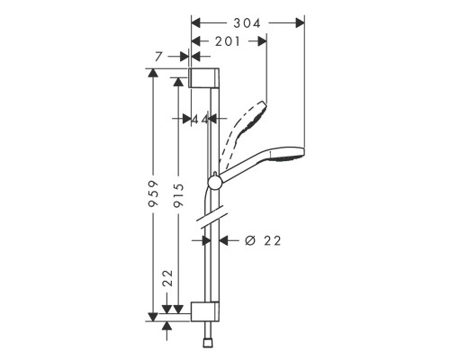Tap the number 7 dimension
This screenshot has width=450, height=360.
pyautogui.click(x=159, y=57)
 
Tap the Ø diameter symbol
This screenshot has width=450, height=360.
pyautogui.click(x=251, y=240)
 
